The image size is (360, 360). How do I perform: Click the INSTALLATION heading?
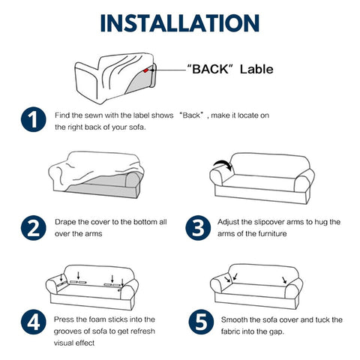(180, 23)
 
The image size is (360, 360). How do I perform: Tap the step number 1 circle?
(33, 119)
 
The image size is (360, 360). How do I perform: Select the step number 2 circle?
(33, 228)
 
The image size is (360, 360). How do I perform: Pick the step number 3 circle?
(198, 228)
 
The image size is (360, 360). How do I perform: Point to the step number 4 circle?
(33, 322)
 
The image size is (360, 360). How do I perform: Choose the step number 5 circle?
(201, 322)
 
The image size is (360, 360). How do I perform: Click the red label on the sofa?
(145, 70)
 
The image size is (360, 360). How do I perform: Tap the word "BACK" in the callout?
(210, 69)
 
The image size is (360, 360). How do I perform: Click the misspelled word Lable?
(256, 69)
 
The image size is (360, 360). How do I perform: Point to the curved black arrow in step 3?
(223, 163)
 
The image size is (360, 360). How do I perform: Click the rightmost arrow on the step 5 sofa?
(284, 280)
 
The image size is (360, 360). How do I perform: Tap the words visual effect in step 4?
(74, 343)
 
